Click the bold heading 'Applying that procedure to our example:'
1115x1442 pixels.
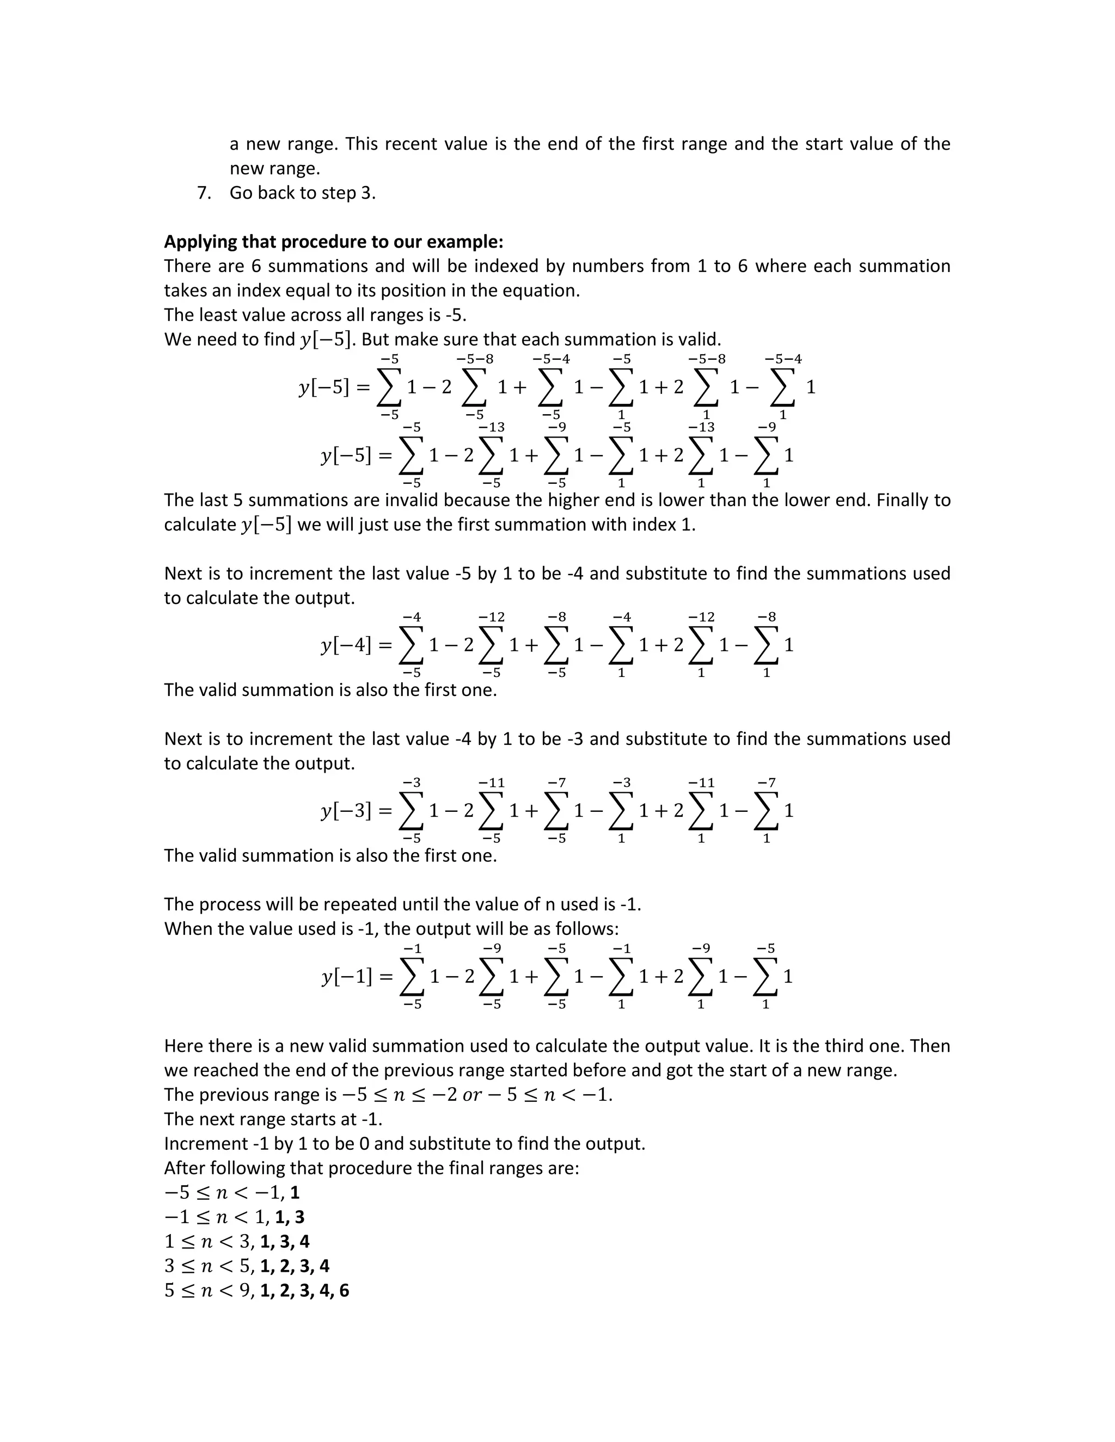(x=334, y=242)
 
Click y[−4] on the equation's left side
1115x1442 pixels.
(x=346, y=645)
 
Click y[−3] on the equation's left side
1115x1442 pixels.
(x=346, y=810)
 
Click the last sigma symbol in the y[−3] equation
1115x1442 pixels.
(x=766, y=810)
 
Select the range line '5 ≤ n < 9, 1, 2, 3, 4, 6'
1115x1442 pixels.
(x=256, y=1290)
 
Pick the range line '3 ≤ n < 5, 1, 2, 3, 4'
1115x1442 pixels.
(x=247, y=1266)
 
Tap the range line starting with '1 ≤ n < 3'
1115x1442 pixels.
(x=236, y=1241)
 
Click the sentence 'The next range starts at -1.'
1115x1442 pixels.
(x=273, y=1119)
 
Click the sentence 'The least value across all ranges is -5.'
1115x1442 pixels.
(x=315, y=315)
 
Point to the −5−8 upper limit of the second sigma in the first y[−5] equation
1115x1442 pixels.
(x=475, y=359)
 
